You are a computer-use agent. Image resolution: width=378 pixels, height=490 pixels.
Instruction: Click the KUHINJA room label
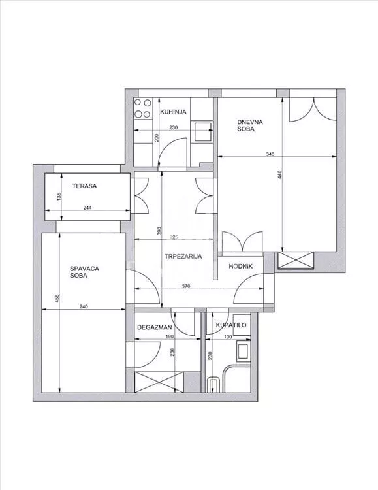pos(173,112)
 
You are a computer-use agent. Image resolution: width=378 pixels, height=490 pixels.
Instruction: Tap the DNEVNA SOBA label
pos(249,125)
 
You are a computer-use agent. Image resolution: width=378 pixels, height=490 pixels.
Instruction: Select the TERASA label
pos(84,186)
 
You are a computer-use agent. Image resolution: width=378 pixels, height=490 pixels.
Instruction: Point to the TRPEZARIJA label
pos(183,257)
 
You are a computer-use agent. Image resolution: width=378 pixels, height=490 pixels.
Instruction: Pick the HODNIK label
pos(240,267)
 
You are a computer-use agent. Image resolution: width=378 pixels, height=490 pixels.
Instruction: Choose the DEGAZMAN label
pos(154,327)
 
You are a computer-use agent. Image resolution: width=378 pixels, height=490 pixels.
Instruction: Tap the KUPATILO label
pos(231,325)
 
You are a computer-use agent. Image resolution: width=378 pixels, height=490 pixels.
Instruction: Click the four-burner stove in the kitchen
pos(143,108)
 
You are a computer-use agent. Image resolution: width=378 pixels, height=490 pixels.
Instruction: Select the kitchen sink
pos(203,132)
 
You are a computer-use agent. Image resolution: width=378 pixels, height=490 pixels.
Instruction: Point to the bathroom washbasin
pos(244,351)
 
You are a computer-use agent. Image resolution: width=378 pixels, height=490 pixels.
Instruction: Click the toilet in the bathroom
pos(214,384)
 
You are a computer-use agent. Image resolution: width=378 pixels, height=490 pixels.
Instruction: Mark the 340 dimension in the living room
pos(270,154)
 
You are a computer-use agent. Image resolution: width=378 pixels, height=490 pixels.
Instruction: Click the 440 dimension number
pos(280,174)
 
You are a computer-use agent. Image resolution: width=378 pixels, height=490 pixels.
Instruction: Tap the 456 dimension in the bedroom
pos(57,299)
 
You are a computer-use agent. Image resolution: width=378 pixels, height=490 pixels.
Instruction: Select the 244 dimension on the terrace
pos(87,208)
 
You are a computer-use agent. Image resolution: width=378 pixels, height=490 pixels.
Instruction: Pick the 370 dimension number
pos(186,286)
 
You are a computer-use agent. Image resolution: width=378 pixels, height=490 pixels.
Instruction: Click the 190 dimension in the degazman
pos(170,337)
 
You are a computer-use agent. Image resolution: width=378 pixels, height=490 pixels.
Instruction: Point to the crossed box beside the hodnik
pos(296,260)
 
